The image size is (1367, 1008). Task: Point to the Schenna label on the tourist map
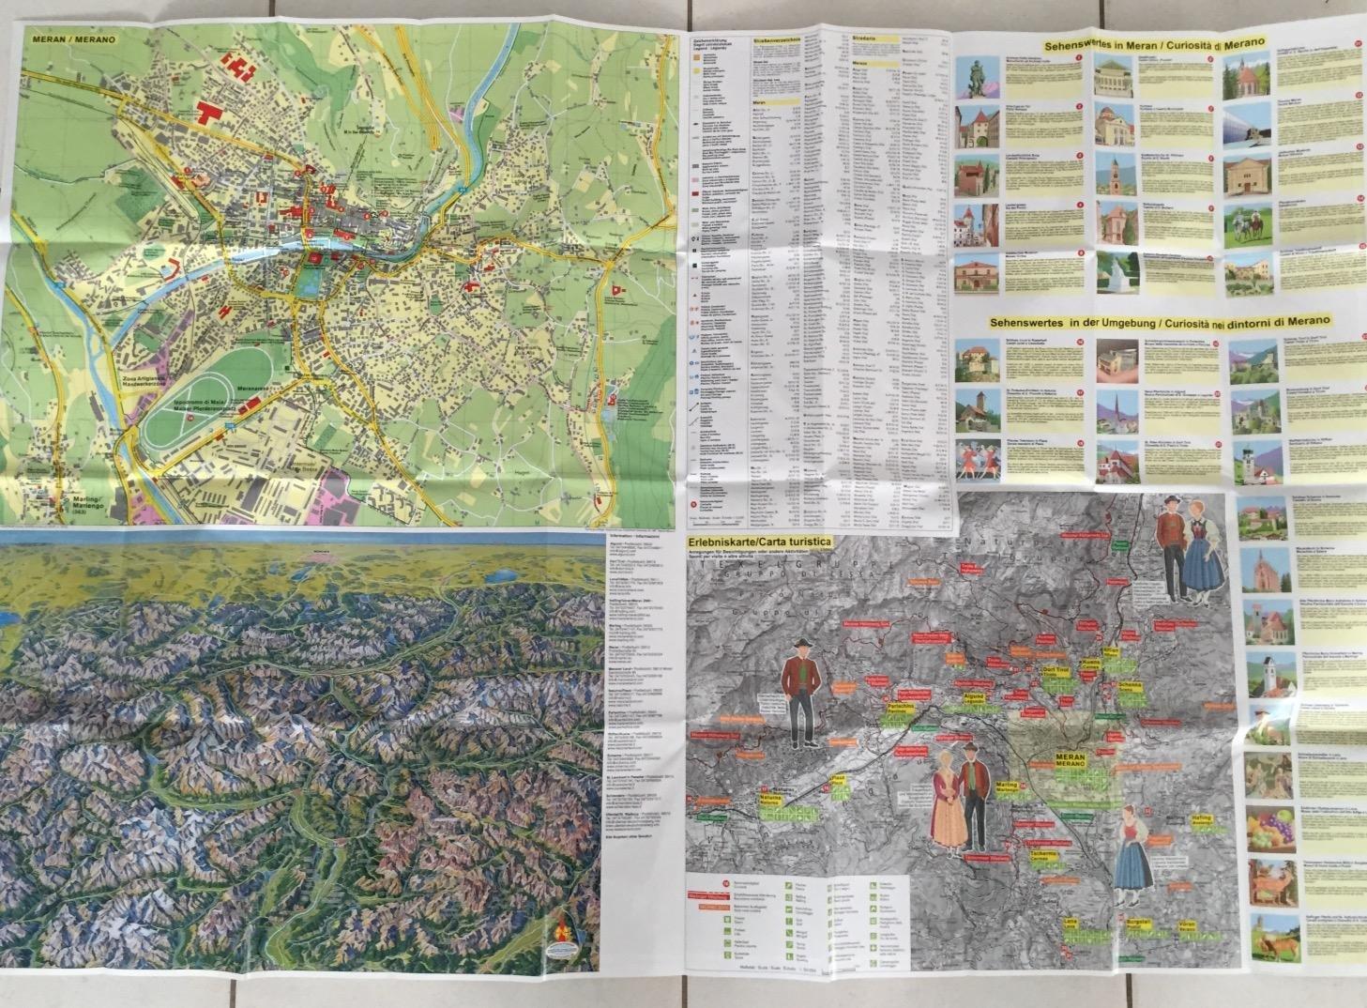click(1130, 688)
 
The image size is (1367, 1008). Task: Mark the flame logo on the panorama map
click(565, 929)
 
